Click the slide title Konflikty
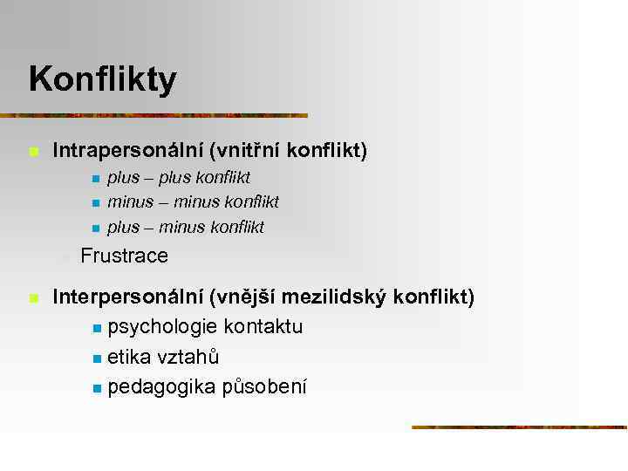[x=102, y=79]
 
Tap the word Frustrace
[x=124, y=256]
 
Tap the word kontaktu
[x=263, y=328]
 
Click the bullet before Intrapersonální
[x=33, y=153]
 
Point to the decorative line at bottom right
[x=519, y=427]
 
